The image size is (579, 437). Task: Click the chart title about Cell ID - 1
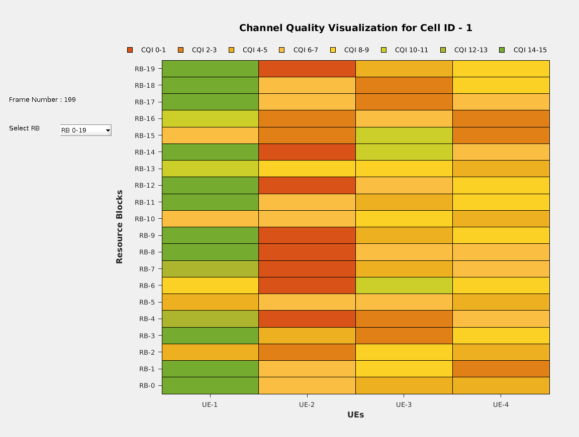(355, 28)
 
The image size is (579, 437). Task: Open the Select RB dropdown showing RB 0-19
(85, 130)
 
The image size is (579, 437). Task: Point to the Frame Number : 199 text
(42, 100)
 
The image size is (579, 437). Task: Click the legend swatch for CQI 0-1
(130, 50)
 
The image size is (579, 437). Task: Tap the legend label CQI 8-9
(356, 50)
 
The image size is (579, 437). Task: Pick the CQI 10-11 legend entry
(411, 50)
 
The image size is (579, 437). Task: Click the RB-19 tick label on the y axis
(145, 69)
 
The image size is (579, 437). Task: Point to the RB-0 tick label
(146, 386)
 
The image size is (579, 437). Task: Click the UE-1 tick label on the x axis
(210, 404)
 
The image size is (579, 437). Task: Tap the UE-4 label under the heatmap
(501, 404)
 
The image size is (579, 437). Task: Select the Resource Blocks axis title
(120, 226)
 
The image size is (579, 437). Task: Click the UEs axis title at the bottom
(355, 415)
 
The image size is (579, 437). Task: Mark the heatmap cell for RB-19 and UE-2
(307, 69)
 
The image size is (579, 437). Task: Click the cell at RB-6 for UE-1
(210, 285)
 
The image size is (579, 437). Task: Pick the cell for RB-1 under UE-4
(501, 369)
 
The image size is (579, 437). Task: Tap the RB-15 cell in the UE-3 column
(404, 135)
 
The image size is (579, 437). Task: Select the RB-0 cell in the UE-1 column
(210, 385)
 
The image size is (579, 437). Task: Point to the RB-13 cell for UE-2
(307, 169)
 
